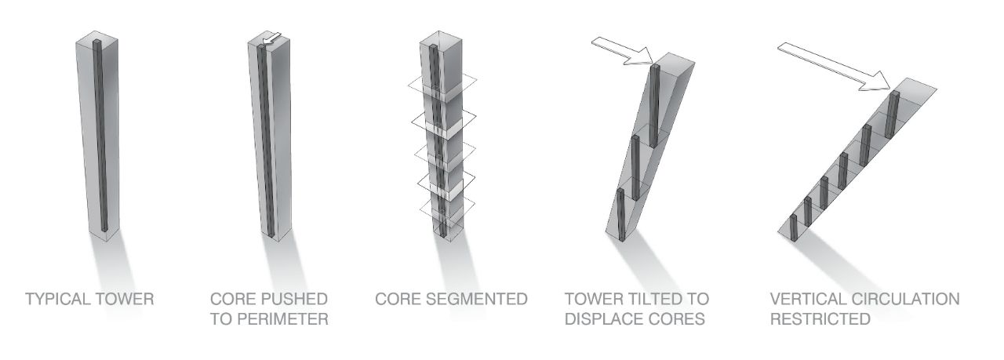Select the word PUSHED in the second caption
pos(297,300)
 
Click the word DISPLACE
pos(606,319)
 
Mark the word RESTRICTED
pos(820,319)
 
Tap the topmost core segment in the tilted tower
pos(655,102)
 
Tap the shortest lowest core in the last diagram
pos(793,227)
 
